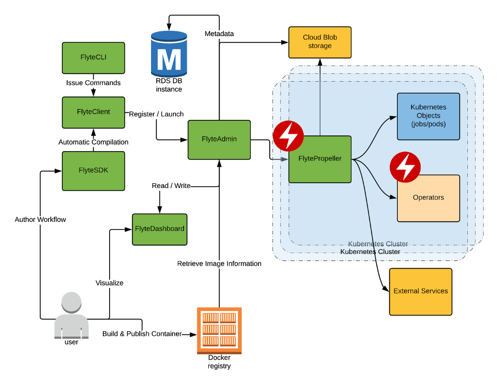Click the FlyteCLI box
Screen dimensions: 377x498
coord(93,57)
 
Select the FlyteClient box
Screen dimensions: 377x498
coord(93,112)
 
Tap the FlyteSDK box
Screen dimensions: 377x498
coord(93,170)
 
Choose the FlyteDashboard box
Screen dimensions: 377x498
coord(159,229)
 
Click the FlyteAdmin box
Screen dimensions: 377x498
coord(219,139)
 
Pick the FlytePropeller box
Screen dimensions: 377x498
coord(320,159)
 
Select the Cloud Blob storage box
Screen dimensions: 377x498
coord(319,42)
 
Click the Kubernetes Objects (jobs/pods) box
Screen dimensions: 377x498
coord(428,116)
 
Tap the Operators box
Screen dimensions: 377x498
coord(428,198)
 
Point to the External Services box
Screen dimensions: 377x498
coord(420,291)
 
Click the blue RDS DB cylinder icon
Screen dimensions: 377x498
coord(169,53)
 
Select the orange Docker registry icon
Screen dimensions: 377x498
coord(219,330)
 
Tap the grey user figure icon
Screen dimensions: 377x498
coord(71,314)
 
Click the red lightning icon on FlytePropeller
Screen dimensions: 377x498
coord(288,135)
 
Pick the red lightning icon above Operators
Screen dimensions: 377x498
coord(405,167)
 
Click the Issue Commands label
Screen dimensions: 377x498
coord(93,83)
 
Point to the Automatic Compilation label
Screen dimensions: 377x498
coord(93,142)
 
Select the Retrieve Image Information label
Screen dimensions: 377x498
coord(219,264)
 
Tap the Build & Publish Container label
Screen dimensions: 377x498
coord(142,334)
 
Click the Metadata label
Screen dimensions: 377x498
coord(219,34)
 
